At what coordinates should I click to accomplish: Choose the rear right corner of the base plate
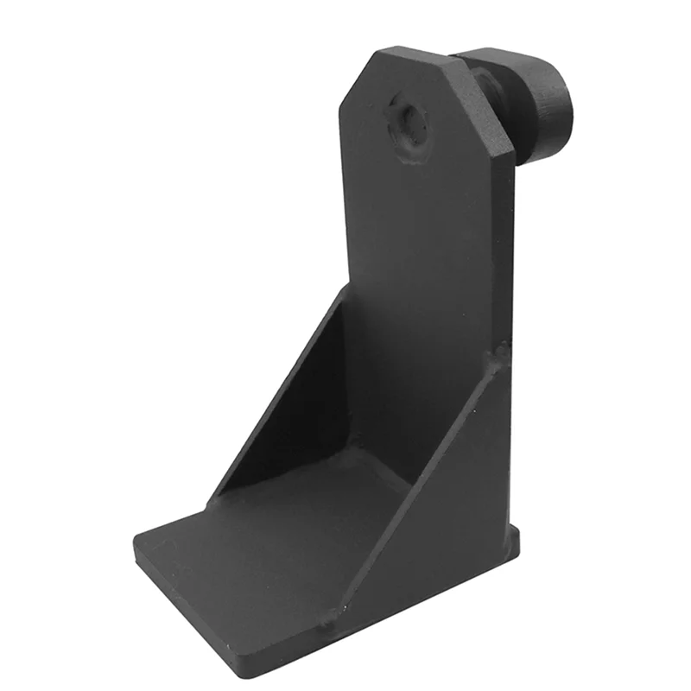pyautogui.click(x=518, y=540)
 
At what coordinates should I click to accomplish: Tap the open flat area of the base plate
pyautogui.click(x=259, y=553)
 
